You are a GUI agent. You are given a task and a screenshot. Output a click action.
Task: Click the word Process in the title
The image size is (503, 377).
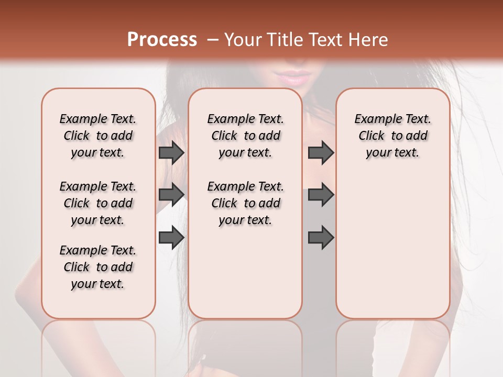tap(162, 40)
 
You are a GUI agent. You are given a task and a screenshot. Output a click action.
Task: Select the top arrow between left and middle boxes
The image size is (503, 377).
tap(171, 152)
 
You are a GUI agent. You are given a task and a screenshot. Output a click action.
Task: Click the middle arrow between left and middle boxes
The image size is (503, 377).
tap(171, 194)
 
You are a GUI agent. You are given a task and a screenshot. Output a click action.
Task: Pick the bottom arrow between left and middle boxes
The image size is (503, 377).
tap(171, 237)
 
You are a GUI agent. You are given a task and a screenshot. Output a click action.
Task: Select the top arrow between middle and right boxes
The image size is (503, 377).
tap(321, 152)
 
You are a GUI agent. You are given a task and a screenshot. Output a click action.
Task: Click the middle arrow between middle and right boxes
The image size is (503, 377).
tap(321, 194)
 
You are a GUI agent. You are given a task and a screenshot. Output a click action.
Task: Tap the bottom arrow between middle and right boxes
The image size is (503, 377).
tap(321, 237)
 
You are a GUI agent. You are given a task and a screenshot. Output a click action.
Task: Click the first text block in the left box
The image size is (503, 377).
tap(98, 136)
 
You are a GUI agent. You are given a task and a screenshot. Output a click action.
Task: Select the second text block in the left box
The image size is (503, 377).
tap(98, 203)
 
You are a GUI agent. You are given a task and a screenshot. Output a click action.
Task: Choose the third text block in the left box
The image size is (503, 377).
tap(98, 267)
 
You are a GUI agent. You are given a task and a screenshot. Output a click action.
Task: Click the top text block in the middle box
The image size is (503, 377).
tap(245, 136)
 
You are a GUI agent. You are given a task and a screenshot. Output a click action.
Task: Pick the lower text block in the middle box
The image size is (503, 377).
tap(245, 203)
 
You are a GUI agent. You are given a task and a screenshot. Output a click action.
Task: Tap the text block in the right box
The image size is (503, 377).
tap(392, 136)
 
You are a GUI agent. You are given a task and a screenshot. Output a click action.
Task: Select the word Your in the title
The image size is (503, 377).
tap(242, 40)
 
